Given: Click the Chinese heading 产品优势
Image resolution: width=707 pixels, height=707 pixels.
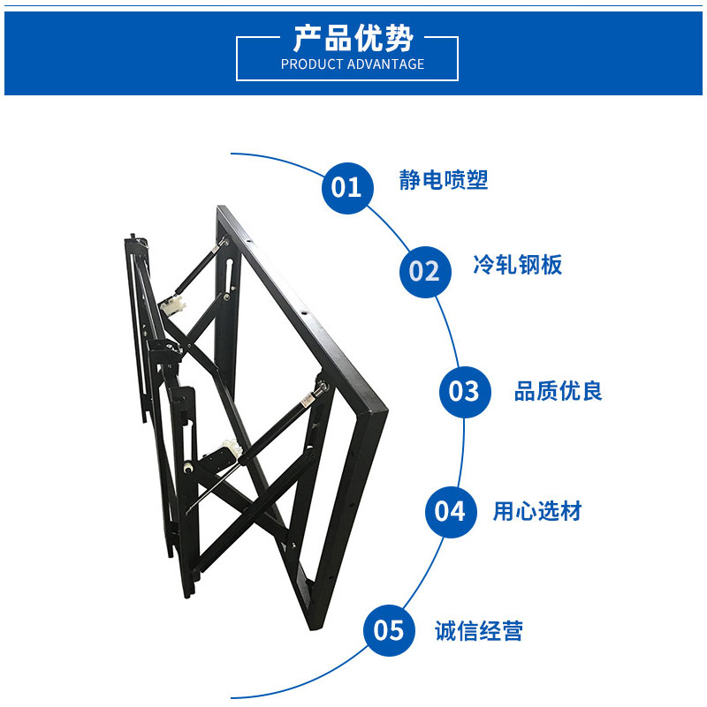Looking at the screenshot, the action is point(353,38).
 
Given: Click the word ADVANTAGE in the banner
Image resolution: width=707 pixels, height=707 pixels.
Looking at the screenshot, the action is point(386,64).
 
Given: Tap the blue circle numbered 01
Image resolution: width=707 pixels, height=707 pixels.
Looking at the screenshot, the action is point(347,188).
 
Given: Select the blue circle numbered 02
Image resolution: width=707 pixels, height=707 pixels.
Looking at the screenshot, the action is point(425,272).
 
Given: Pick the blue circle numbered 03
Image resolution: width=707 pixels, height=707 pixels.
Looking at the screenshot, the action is point(465,392).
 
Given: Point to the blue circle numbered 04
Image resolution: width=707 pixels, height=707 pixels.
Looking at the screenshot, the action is point(451,512).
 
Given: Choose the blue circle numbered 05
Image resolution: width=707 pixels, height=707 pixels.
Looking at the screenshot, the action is point(389,630).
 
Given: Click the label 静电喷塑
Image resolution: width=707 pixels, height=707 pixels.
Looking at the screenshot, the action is point(444,180).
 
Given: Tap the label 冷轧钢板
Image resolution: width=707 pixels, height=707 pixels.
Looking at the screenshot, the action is point(517,264).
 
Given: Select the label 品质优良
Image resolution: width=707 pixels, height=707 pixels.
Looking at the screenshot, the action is point(558,391).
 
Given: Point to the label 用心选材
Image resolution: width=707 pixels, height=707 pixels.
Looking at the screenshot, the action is point(537,511).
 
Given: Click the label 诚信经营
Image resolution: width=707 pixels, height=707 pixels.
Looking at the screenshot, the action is point(479,631).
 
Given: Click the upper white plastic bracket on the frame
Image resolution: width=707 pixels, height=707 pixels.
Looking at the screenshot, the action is point(172,305).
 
